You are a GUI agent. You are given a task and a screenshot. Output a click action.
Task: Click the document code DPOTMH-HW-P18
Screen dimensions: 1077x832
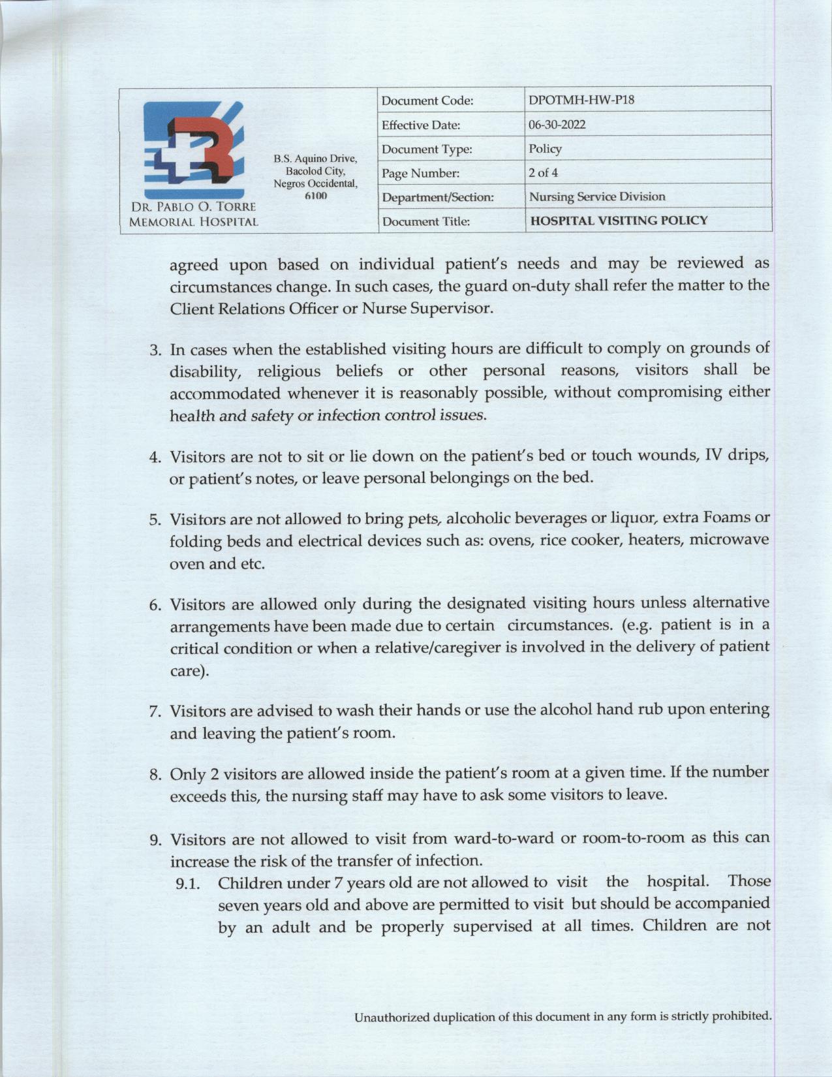tap(581, 100)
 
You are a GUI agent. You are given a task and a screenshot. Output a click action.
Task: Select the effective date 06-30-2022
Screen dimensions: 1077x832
tap(557, 125)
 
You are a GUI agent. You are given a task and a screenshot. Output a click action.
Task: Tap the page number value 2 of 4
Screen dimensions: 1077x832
tap(543, 173)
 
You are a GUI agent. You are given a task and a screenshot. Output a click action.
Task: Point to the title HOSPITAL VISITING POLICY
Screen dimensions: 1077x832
tap(619, 221)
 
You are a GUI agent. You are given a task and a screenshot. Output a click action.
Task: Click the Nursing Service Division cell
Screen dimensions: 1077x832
tap(596, 196)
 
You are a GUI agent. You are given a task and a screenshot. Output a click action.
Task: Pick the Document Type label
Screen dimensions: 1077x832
tap(427, 149)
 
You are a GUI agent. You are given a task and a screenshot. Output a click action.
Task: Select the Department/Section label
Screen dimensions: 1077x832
tap(437, 197)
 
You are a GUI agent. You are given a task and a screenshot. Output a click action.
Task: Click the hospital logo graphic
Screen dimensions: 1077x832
tap(194, 149)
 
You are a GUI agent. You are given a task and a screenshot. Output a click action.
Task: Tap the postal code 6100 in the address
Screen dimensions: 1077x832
tap(315, 196)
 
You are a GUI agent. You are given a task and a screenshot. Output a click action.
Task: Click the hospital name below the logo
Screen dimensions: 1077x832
tap(193, 214)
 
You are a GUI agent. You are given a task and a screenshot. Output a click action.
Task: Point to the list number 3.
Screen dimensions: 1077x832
tap(155, 351)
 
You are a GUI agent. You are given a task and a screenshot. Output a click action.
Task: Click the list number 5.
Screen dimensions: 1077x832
tap(155, 520)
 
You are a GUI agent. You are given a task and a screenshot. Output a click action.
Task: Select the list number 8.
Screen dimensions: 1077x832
tap(155, 775)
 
